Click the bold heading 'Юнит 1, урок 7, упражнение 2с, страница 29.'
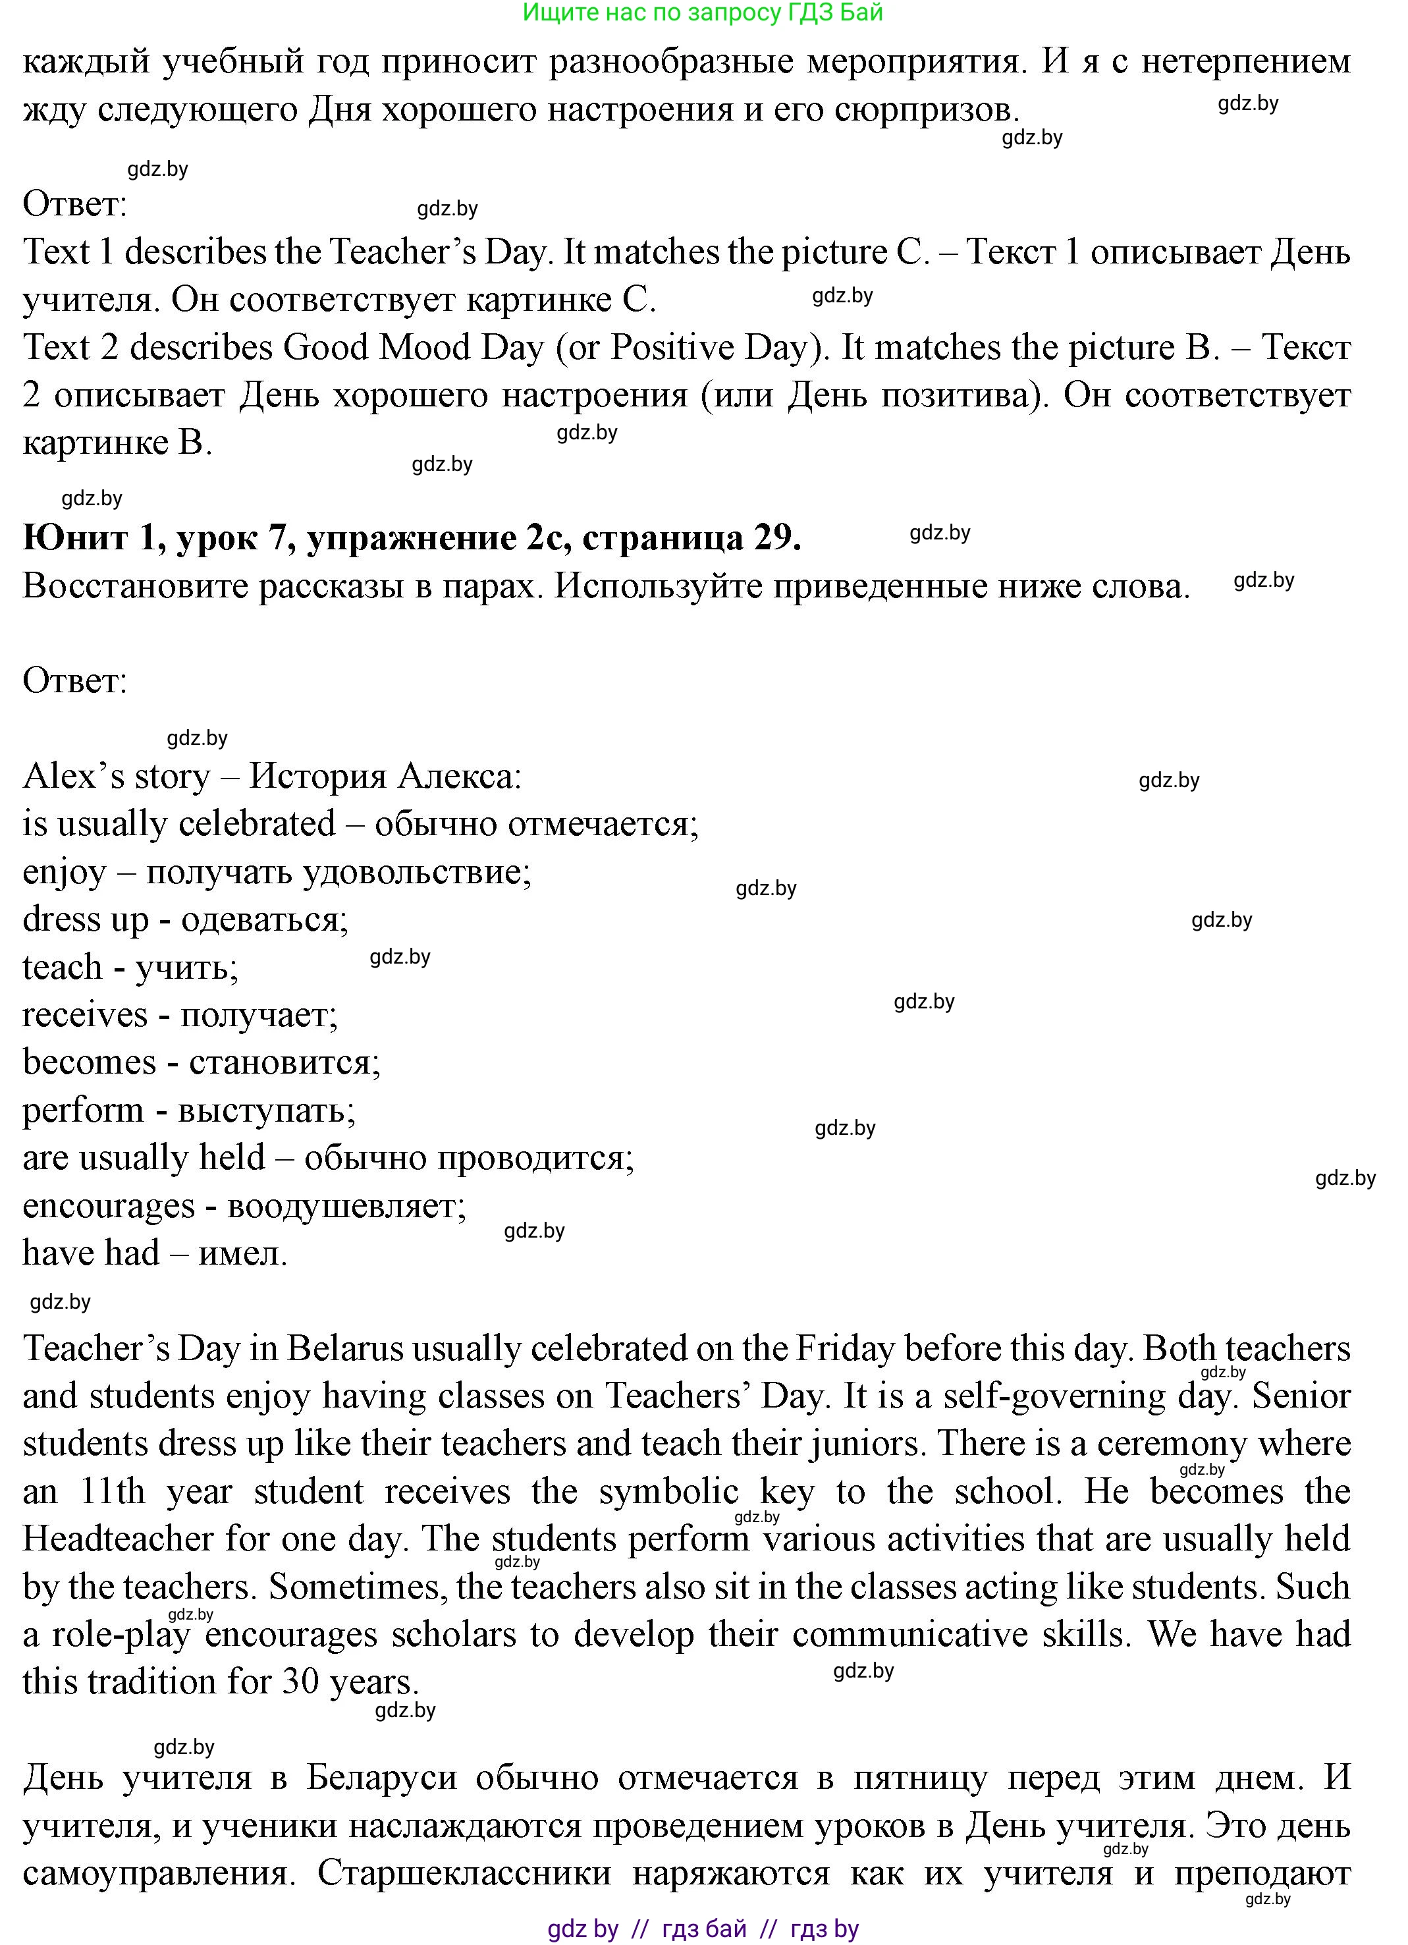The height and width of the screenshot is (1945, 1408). [412, 537]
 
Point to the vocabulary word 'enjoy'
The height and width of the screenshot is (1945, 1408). [65, 872]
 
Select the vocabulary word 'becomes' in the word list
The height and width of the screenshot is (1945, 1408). [89, 1062]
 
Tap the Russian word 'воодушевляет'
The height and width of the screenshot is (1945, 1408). [346, 1206]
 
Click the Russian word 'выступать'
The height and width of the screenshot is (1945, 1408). [266, 1110]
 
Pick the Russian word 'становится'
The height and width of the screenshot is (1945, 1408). [284, 1062]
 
